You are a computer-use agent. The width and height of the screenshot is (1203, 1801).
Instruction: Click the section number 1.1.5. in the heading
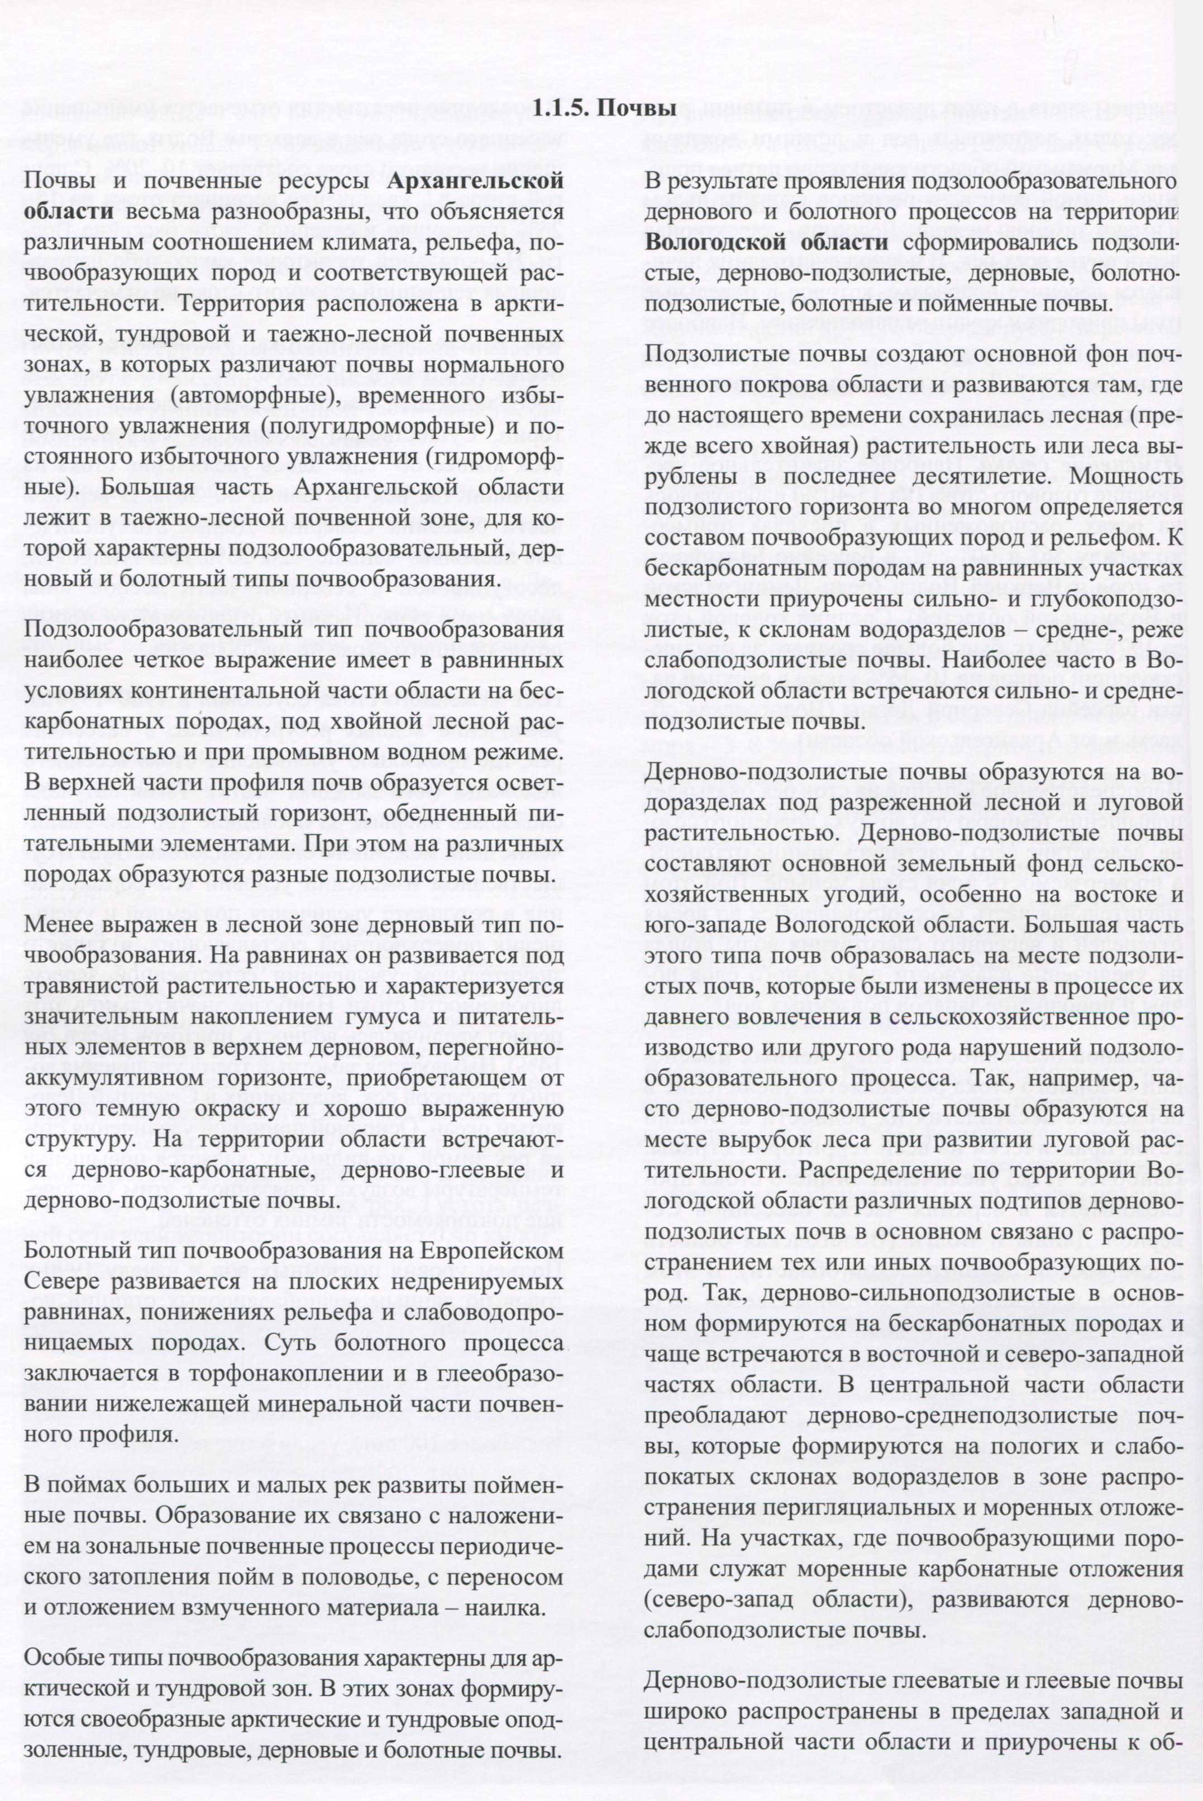tap(562, 108)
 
